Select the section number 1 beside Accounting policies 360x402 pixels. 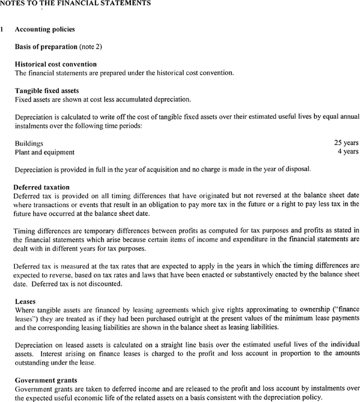click(x=3, y=30)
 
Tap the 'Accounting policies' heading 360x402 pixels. click(x=45, y=30)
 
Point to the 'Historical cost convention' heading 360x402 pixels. click(x=56, y=64)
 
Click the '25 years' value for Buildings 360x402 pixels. click(x=346, y=143)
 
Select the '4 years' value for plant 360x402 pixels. click(x=348, y=151)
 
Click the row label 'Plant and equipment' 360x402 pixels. click(x=44, y=152)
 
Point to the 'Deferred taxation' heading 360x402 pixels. click(x=42, y=187)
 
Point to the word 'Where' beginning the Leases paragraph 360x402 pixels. click(x=24, y=310)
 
